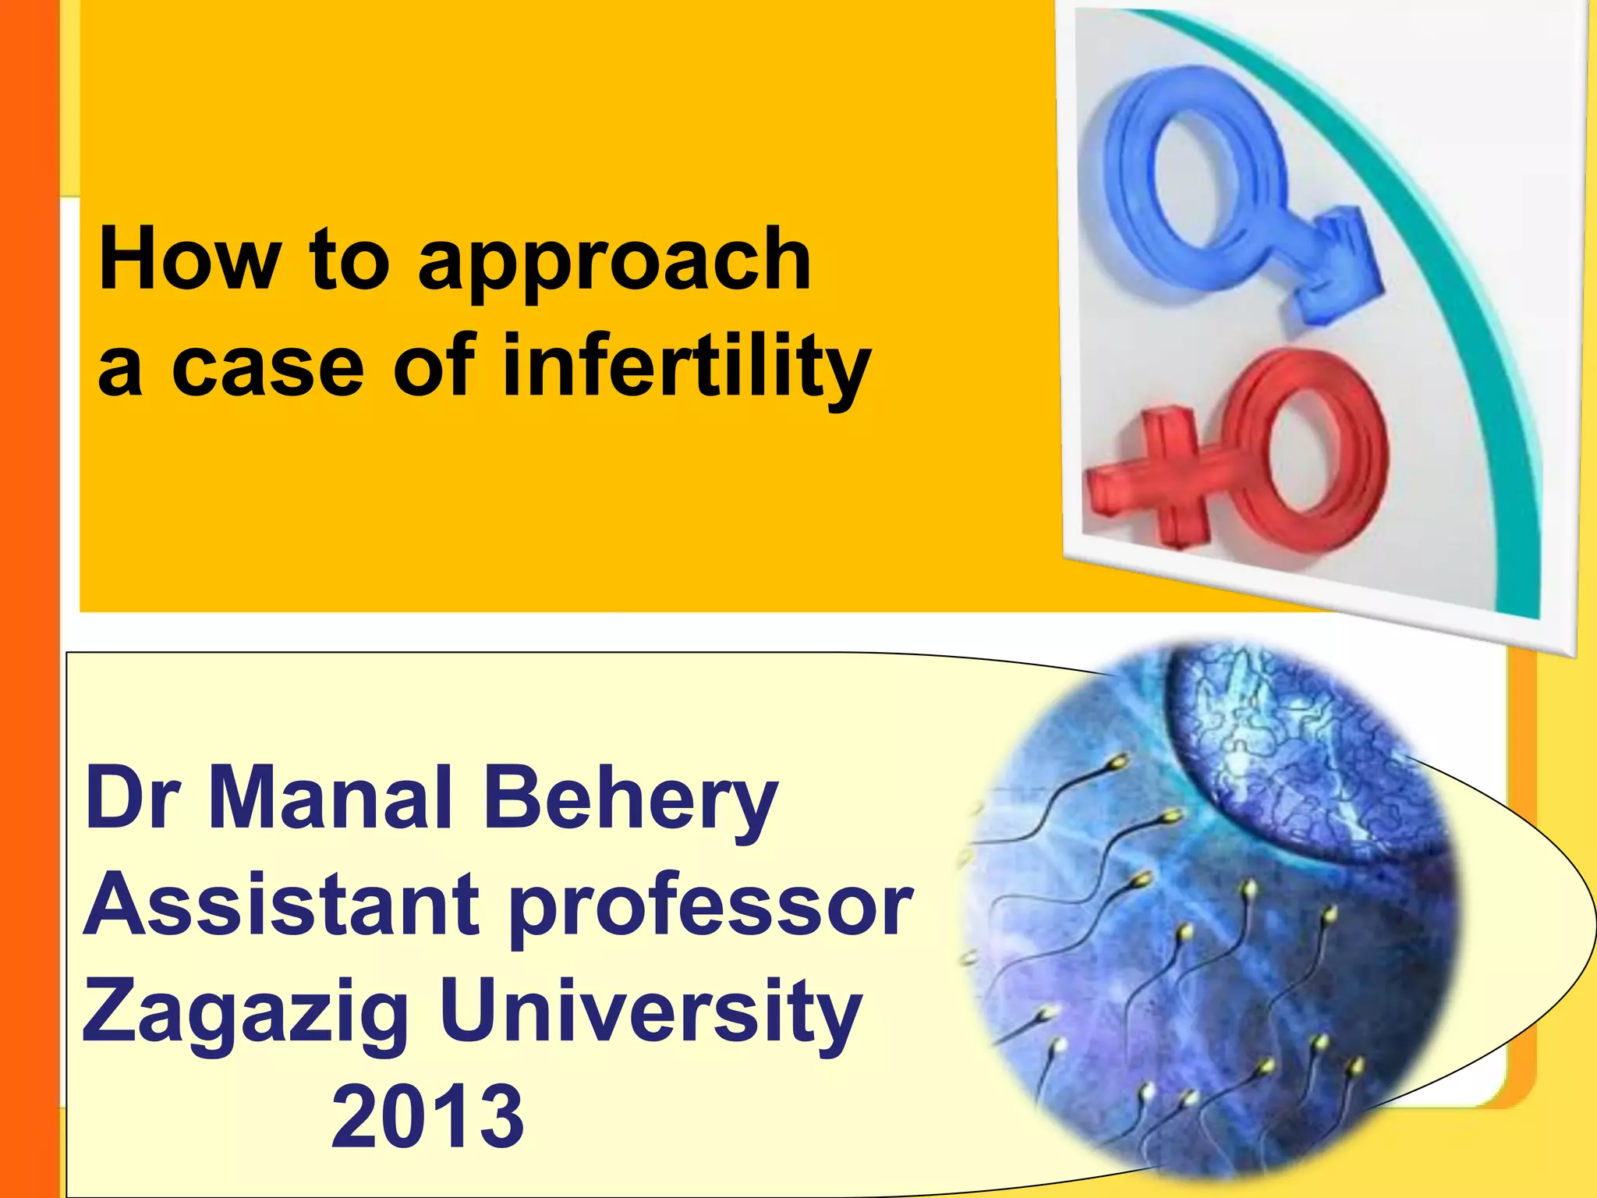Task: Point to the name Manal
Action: point(331,797)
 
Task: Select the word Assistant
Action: point(282,905)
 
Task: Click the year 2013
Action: point(428,1117)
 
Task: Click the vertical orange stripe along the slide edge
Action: point(29,599)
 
